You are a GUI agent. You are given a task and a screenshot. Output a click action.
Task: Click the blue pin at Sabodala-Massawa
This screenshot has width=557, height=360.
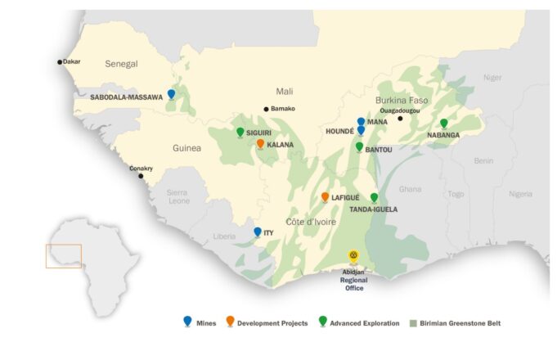tap(171, 94)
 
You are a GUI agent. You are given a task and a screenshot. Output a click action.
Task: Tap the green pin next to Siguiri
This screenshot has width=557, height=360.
tap(240, 132)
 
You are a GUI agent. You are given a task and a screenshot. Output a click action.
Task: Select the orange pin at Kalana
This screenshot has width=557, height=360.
tap(260, 143)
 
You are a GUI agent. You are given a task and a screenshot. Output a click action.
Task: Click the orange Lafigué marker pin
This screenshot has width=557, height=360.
tap(325, 197)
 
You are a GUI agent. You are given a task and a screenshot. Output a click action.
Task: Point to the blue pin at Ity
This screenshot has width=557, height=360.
tap(258, 232)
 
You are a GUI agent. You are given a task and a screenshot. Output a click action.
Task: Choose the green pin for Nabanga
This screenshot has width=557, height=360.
tap(443, 124)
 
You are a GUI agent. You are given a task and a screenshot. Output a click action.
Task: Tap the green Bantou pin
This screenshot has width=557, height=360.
tap(359, 146)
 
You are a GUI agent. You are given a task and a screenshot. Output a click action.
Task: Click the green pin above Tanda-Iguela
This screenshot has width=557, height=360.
tap(374, 197)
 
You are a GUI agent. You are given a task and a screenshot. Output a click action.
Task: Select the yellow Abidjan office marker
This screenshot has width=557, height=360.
tap(353, 256)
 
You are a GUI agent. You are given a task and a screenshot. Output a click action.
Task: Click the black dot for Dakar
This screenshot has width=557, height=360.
tap(60, 61)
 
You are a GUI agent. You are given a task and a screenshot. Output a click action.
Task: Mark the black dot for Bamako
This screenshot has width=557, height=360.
tap(266, 109)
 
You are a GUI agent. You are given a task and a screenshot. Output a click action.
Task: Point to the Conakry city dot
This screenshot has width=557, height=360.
tap(140, 176)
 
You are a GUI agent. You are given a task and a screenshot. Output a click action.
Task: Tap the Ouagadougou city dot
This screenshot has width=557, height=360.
tap(400, 119)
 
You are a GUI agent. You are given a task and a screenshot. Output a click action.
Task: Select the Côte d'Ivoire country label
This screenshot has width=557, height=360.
tap(308, 223)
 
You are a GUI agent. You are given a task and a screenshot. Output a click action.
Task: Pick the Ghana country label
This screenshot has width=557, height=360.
tap(410, 189)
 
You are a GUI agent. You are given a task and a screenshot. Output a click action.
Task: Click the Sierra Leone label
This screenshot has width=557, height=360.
tap(178, 196)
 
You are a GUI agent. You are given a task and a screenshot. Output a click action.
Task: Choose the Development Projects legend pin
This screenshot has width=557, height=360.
tap(230, 322)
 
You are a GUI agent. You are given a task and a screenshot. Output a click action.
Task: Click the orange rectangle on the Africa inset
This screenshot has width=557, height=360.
tap(63, 256)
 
